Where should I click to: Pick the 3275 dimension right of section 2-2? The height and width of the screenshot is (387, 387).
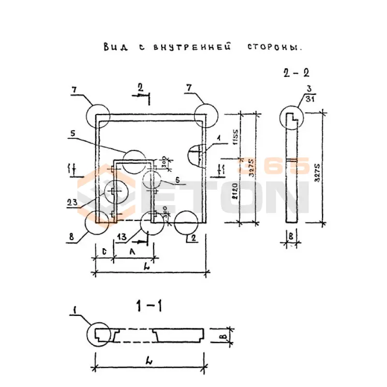pos(317,169)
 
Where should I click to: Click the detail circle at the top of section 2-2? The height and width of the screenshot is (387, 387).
pos(292,118)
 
